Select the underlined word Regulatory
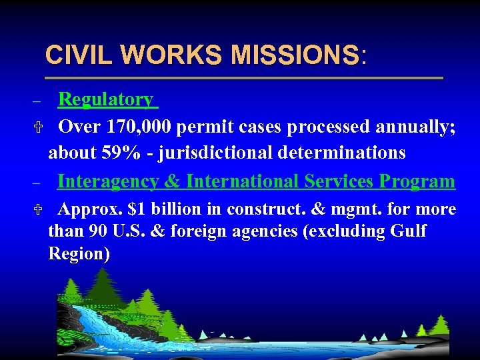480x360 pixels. coord(106,99)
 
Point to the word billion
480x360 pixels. coord(176,209)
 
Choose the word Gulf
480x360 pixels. coord(408,231)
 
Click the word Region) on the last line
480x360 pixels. coord(79,254)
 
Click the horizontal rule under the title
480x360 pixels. coord(243,78)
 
